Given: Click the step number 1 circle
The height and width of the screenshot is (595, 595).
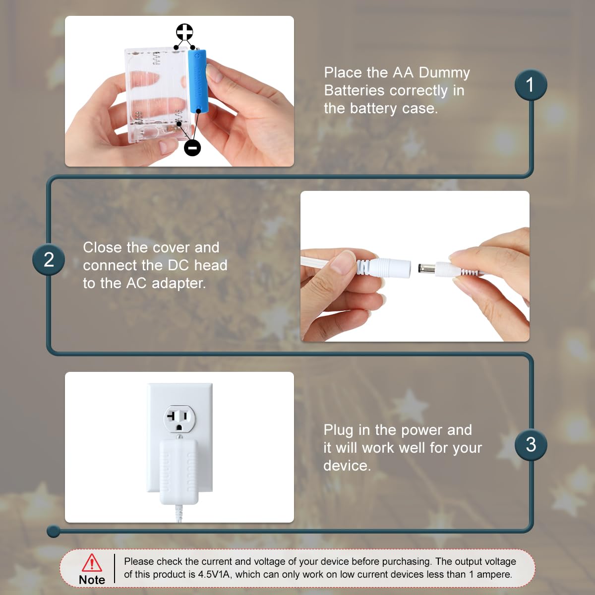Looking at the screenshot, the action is coord(531,85).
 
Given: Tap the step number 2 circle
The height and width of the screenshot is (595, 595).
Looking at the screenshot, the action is coord(49,259).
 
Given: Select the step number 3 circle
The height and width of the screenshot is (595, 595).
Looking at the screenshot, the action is coord(531,445).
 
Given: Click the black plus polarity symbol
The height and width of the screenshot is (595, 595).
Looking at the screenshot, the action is coord(184,32).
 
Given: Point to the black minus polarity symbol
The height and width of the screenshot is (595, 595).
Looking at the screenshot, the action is coord(192,148).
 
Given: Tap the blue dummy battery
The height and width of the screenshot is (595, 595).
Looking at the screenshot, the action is coord(198,82).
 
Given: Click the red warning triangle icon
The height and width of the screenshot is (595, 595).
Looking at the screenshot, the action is coord(92,563).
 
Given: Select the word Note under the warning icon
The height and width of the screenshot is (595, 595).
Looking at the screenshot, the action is coord(92,580).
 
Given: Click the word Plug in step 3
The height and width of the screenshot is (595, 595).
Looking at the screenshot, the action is coord(338,430).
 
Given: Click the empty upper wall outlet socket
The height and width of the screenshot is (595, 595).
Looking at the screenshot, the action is coord(179,418).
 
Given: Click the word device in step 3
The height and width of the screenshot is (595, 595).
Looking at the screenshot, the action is coord(347,466).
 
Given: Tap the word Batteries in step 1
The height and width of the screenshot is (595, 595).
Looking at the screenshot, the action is coord(355,91).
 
